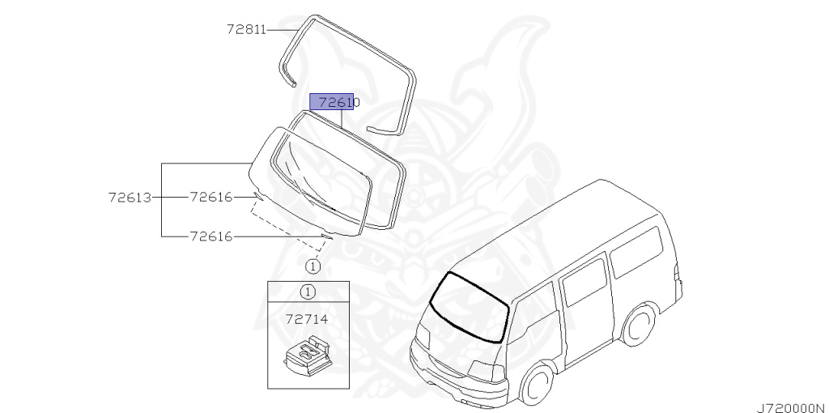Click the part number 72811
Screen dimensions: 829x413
(246, 30)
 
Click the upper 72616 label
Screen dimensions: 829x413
(210, 196)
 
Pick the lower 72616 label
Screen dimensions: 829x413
(210, 236)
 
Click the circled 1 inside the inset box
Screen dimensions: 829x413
(308, 292)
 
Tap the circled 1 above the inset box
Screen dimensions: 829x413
(312, 265)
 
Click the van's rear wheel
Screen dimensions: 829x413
(642, 323)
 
